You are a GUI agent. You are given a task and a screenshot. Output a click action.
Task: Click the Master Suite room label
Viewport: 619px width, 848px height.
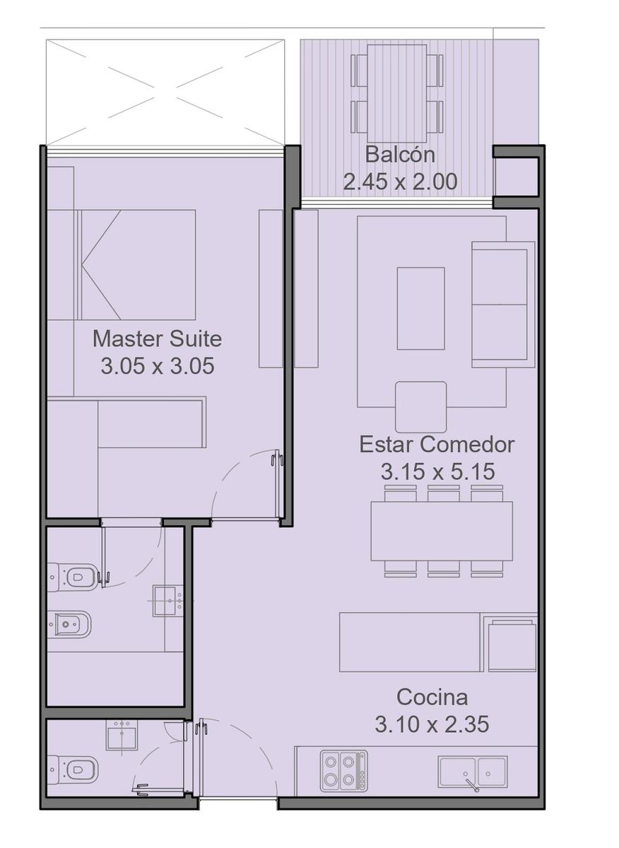157,338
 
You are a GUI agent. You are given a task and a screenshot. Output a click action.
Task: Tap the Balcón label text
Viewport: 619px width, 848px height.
400,155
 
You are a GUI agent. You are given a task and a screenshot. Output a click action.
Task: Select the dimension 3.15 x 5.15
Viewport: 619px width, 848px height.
437,472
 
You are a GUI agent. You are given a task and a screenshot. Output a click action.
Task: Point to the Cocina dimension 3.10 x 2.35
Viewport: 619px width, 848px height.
432,724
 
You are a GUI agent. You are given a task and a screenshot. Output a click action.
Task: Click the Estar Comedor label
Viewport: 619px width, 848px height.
437,444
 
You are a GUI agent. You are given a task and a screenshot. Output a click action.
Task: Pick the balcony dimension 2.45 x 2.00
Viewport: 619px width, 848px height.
400,182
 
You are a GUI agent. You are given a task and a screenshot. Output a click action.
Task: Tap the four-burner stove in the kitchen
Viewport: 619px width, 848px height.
343,772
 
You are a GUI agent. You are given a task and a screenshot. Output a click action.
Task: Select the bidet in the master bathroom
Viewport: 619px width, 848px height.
70,624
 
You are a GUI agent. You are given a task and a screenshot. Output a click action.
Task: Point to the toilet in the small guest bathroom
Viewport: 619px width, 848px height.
73,770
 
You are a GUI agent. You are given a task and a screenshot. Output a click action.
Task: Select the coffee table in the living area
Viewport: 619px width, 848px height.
420,308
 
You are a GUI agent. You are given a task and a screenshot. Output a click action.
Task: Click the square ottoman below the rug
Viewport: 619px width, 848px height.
420,407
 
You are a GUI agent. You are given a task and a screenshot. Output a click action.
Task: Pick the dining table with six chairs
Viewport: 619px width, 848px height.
442,531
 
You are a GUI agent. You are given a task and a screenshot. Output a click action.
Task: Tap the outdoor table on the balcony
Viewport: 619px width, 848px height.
396,93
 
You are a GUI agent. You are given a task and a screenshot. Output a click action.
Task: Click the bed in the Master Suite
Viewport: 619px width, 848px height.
136,264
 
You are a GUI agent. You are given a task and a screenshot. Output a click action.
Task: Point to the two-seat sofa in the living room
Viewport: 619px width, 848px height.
503,305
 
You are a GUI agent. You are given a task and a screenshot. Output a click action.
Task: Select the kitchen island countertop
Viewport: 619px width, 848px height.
410,642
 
